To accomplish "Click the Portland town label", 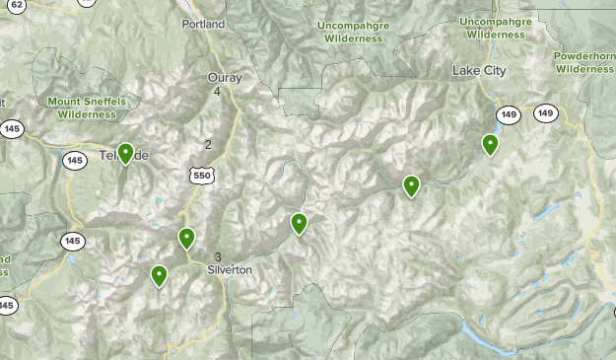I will pyautogui.click(x=204, y=24).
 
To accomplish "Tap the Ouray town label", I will pyautogui.click(x=224, y=77).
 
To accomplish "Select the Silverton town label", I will pyautogui.click(x=231, y=269).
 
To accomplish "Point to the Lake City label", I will pyautogui.click(x=478, y=71).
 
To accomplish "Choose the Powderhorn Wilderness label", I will pyautogui.click(x=584, y=63).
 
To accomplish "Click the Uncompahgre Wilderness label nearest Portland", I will pyautogui.click(x=349, y=31).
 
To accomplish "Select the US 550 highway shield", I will pyautogui.click(x=202, y=175).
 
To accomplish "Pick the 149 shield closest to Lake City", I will pyautogui.click(x=509, y=115).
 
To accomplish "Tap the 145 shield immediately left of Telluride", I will pyautogui.click(x=75, y=160).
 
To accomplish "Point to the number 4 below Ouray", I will pyautogui.click(x=217, y=92).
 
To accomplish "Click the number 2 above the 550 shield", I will pyautogui.click(x=208, y=145).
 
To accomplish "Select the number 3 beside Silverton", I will pyautogui.click(x=217, y=257).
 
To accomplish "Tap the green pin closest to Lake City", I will pyautogui.click(x=490, y=145).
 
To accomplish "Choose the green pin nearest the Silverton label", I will pyautogui.click(x=186, y=239).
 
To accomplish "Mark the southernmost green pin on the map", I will pyautogui.click(x=159, y=275).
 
